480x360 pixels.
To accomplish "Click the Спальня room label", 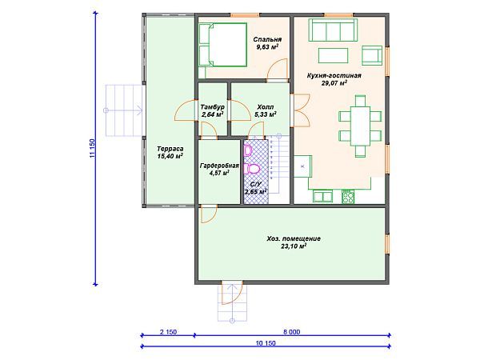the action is tap(267, 39).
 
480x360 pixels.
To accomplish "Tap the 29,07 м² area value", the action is tap(334, 82).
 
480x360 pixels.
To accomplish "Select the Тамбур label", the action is tap(213, 107).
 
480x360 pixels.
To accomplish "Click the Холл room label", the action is tap(266, 107).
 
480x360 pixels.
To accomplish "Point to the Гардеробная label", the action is tap(219, 166).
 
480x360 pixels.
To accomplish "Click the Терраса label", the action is tap(170, 149).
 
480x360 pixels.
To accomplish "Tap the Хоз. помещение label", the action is tap(294, 238).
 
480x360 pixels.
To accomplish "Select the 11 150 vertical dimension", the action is tap(93, 149).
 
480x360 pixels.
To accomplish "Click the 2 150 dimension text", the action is tap(168, 332).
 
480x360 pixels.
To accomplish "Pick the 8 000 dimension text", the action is tap(291, 332).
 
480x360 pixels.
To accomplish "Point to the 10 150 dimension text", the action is tap(266, 343).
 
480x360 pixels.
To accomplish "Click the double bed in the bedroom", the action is tap(223, 45).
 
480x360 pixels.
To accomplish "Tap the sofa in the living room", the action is tap(333, 30).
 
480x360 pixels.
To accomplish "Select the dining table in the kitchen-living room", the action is tap(360, 126).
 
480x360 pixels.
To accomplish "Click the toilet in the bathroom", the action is tap(252, 169).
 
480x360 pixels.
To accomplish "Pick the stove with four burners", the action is tap(348, 197).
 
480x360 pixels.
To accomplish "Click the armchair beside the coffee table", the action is tap(372, 55).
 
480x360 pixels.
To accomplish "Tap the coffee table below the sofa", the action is tap(333, 55).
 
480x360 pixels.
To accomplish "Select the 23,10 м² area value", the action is tap(294, 246).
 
